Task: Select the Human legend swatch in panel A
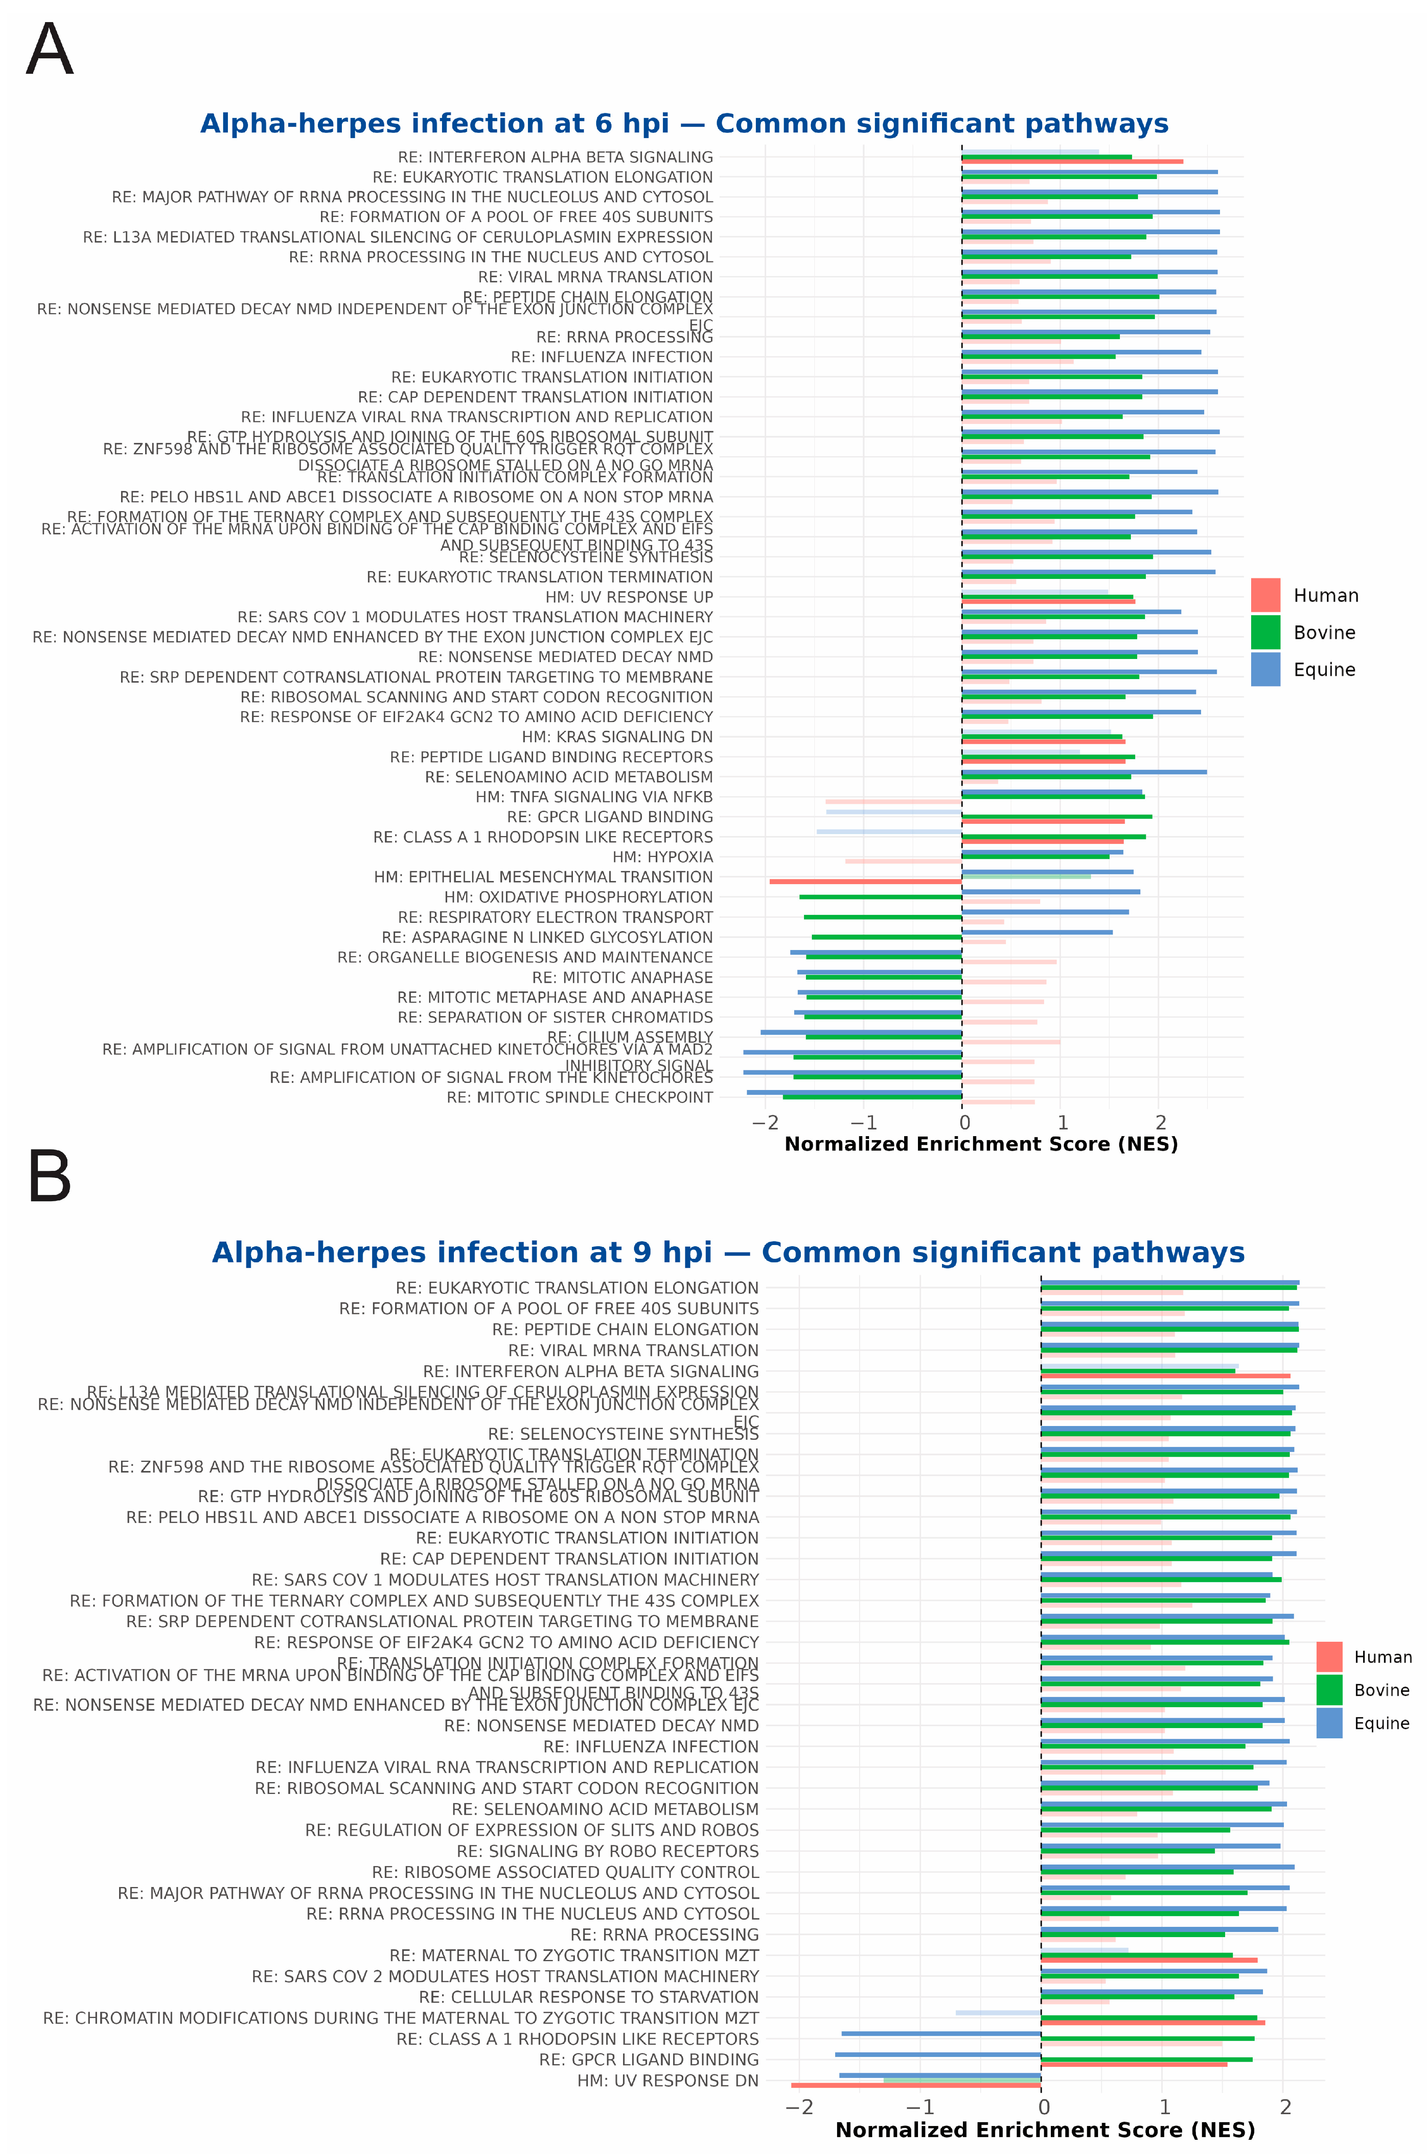click(1265, 595)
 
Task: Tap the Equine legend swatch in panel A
click(1265, 669)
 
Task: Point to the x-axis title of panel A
click(981, 1144)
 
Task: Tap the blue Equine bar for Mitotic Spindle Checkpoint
click(854, 1092)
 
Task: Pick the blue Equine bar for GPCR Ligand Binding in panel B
click(937, 2054)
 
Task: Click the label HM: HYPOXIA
click(662, 857)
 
